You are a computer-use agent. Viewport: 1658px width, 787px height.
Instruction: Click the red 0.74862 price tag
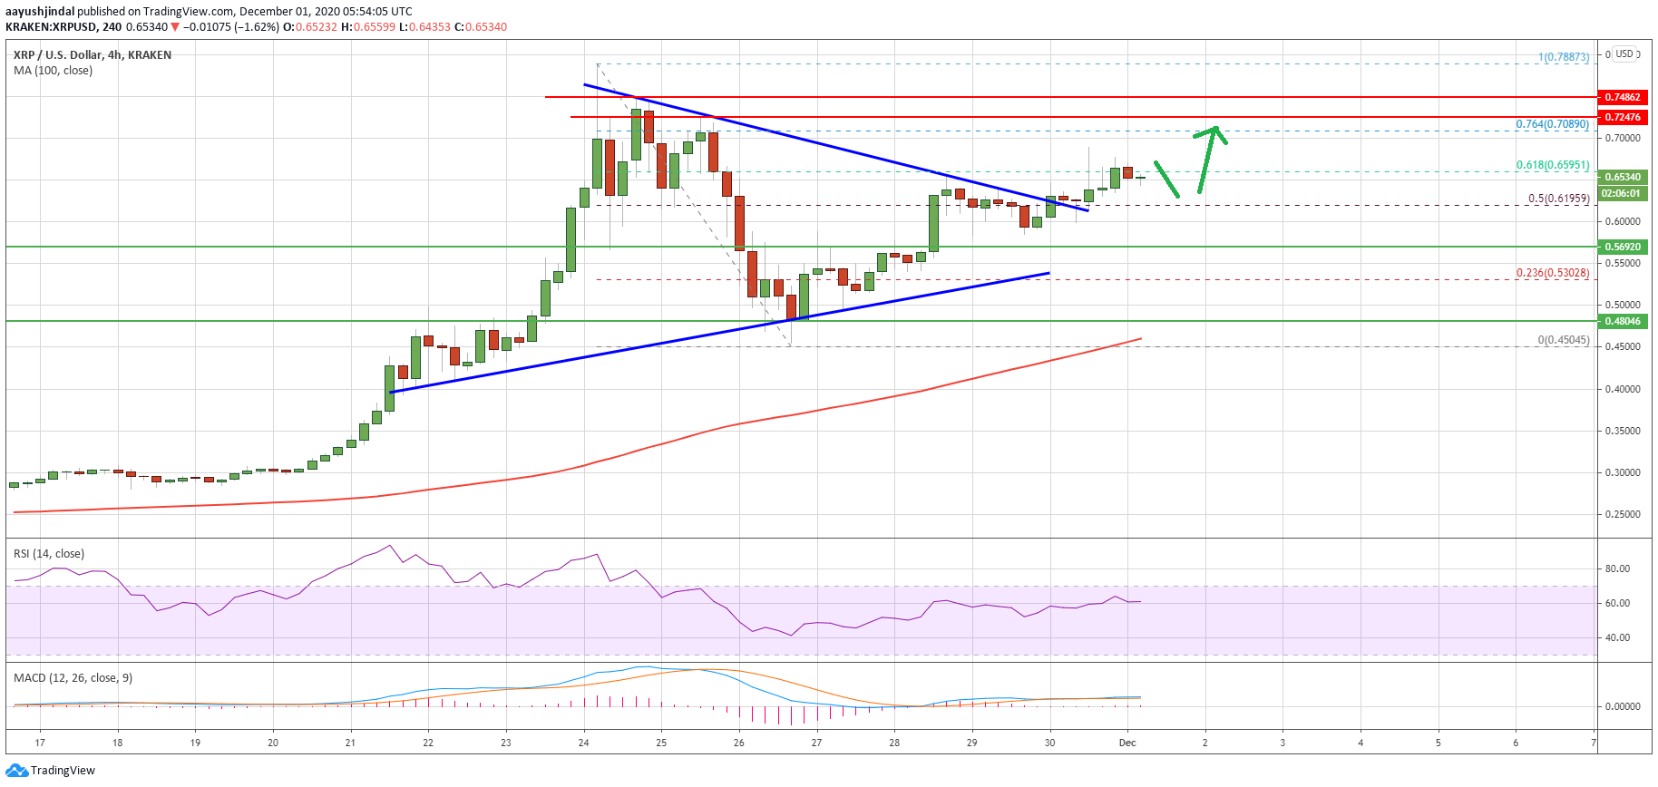[1623, 97]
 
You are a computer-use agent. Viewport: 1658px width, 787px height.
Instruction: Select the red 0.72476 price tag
[1623, 117]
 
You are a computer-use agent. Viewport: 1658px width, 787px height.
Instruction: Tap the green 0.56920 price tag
[1623, 247]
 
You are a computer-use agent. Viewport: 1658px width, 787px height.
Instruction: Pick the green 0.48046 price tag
[1623, 321]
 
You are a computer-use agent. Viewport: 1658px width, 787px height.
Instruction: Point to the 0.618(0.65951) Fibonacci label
[1552, 166]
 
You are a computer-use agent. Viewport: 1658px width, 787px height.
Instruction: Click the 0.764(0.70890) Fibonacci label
[1552, 124]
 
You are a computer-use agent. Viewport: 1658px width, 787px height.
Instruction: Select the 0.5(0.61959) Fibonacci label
[1558, 199]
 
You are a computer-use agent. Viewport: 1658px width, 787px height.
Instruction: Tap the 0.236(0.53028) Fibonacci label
[1552, 273]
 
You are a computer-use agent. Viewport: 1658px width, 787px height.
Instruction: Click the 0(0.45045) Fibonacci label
[1563, 341]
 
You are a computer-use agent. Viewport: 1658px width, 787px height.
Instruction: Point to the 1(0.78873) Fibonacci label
[1563, 57]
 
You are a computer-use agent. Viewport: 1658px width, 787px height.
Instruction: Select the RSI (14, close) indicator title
[49, 554]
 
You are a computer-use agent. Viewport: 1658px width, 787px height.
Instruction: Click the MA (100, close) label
[53, 71]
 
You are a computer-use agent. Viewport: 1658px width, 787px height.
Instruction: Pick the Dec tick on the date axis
[1127, 743]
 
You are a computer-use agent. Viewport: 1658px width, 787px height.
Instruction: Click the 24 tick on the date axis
[584, 743]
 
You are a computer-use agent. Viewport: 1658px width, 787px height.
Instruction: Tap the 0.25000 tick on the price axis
[1623, 515]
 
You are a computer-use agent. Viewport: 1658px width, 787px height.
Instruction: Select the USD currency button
[1624, 53]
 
